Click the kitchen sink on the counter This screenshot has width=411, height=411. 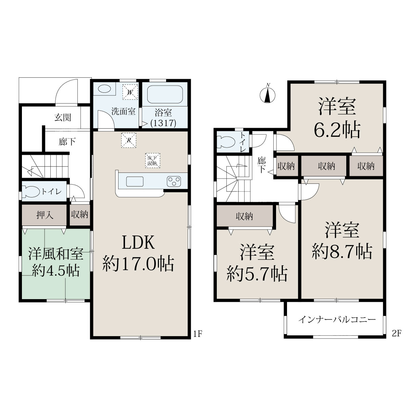pos(135,182)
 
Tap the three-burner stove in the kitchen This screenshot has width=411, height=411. pos(174,181)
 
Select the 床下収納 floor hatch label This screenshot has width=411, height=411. pos(153,160)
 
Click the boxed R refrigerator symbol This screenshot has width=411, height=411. pos(129,140)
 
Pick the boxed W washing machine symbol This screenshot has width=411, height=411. pos(130,92)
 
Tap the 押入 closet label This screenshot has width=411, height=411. pos(45,215)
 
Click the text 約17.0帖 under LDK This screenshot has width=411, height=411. pos(138,264)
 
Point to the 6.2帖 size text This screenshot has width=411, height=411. pos(337,130)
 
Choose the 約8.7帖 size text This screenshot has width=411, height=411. pos(342,252)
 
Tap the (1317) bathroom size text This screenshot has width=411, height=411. pos(163,123)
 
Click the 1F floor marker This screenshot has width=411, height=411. pos(198,334)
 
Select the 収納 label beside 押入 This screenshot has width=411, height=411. pos(79,214)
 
